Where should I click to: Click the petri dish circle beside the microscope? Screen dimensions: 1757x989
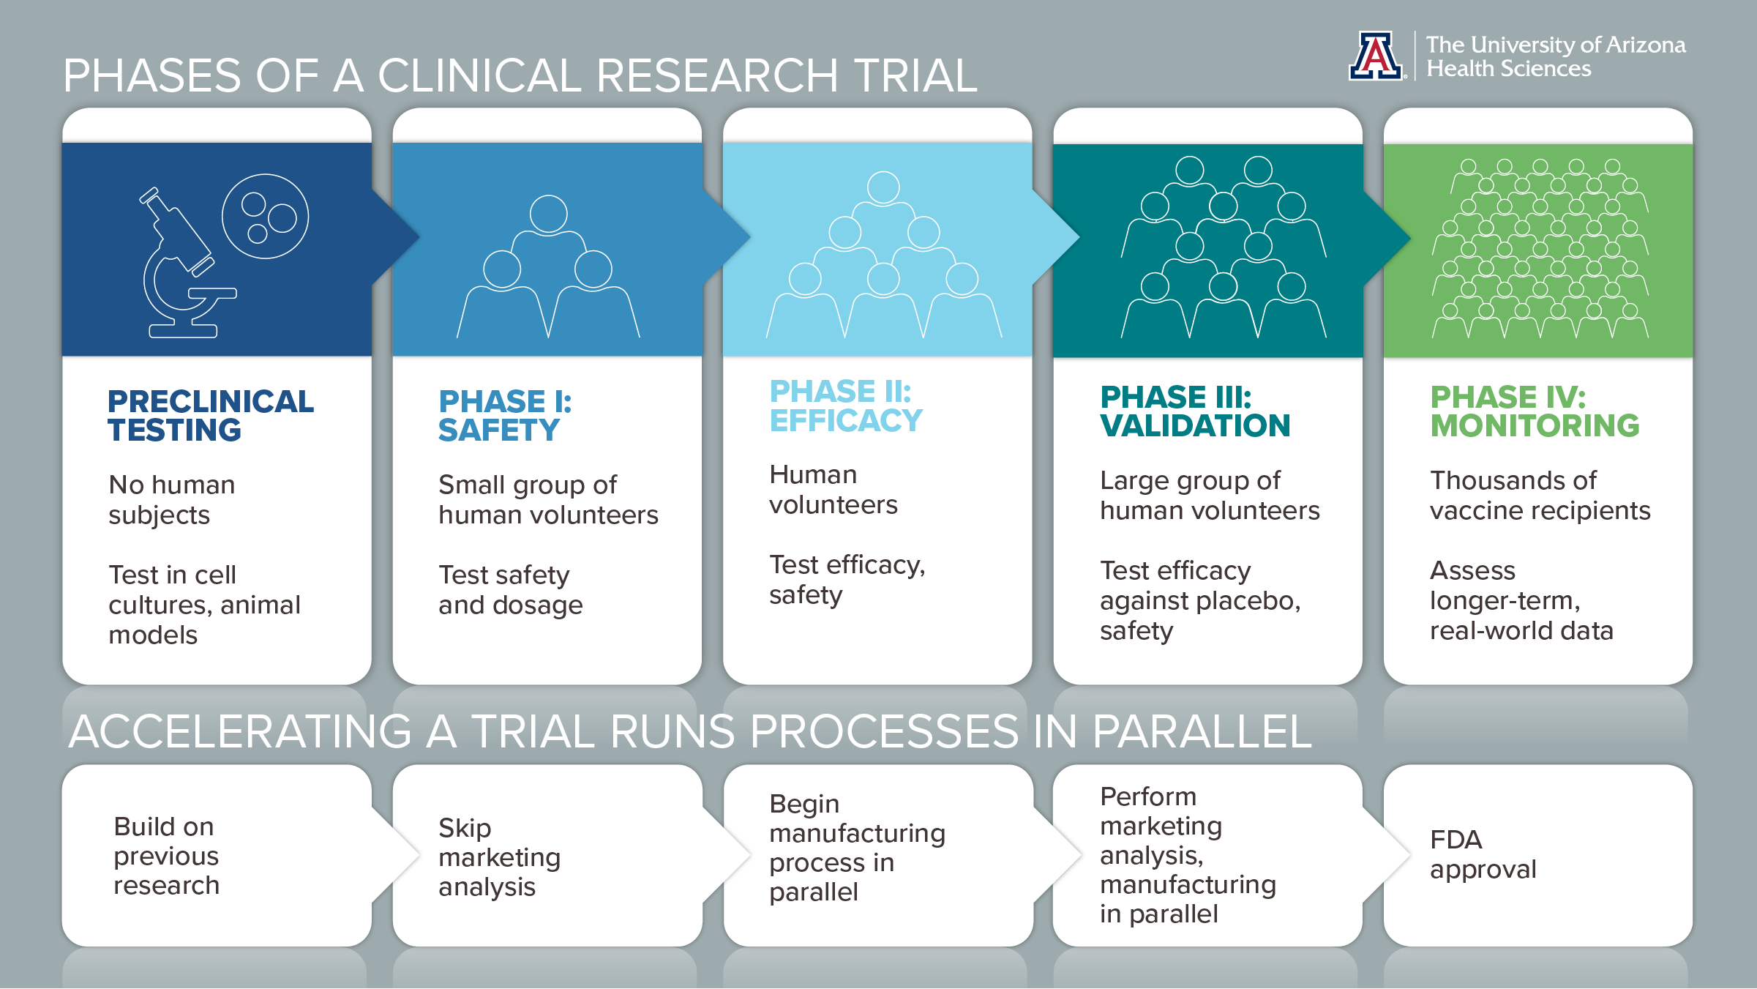coord(265,216)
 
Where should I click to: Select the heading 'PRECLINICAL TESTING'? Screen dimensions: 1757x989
coord(211,415)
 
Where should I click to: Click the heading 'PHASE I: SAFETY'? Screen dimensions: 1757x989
coord(505,415)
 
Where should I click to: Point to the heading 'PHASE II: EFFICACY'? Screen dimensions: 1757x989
coord(846,406)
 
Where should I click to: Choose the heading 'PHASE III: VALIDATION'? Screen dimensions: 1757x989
coord(1195,411)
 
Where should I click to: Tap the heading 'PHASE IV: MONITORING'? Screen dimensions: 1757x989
coord(1535,411)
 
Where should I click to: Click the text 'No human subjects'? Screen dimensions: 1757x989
coord(172,499)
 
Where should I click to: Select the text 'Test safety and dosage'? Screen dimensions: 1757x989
coord(511,589)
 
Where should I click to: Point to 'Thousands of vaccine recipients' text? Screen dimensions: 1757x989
coord(1540,495)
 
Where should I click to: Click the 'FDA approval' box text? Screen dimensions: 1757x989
coord(1483,854)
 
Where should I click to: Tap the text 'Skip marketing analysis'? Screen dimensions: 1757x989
coord(500,856)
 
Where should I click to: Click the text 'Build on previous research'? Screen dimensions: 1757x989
coord(167,855)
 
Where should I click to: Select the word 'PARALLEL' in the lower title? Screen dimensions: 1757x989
coord(1202,731)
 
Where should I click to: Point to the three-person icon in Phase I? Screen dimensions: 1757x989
coord(548,266)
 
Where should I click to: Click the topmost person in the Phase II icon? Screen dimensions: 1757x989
coord(884,209)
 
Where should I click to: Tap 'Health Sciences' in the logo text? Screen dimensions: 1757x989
coord(1509,69)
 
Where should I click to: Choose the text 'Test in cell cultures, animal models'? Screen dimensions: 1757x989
coord(205,605)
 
